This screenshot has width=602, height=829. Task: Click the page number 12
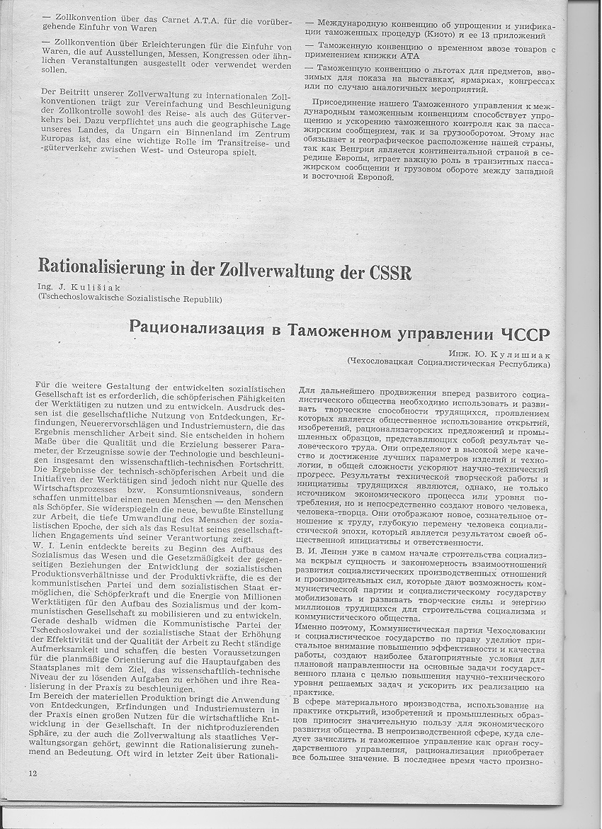(33, 771)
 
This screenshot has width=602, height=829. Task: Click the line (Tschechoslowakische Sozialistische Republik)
(130, 298)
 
